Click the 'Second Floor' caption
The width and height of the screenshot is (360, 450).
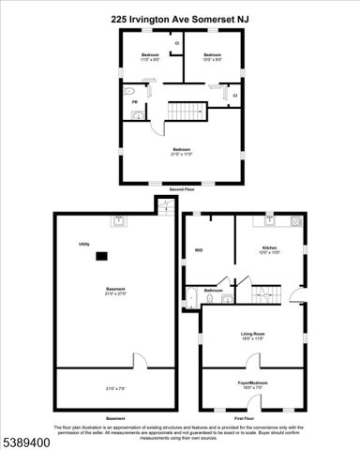pos(181,189)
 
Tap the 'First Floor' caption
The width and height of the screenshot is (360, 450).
pos(251,417)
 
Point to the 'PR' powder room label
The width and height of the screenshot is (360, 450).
pos(134,102)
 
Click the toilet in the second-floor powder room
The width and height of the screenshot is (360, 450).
pos(138,116)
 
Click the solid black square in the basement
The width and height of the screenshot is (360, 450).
pos(104,255)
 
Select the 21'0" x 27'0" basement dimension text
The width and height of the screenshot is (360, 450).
pos(115,292)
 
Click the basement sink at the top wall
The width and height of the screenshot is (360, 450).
pos(119,222)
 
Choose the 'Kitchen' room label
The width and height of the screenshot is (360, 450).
pos(269,248)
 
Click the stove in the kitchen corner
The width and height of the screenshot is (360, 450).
pos(295,221)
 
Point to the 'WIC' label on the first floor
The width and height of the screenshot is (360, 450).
pos(199,250)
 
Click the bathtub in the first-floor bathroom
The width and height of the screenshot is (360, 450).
pos(189,299)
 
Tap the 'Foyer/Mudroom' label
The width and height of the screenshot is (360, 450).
pos(252,383)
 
